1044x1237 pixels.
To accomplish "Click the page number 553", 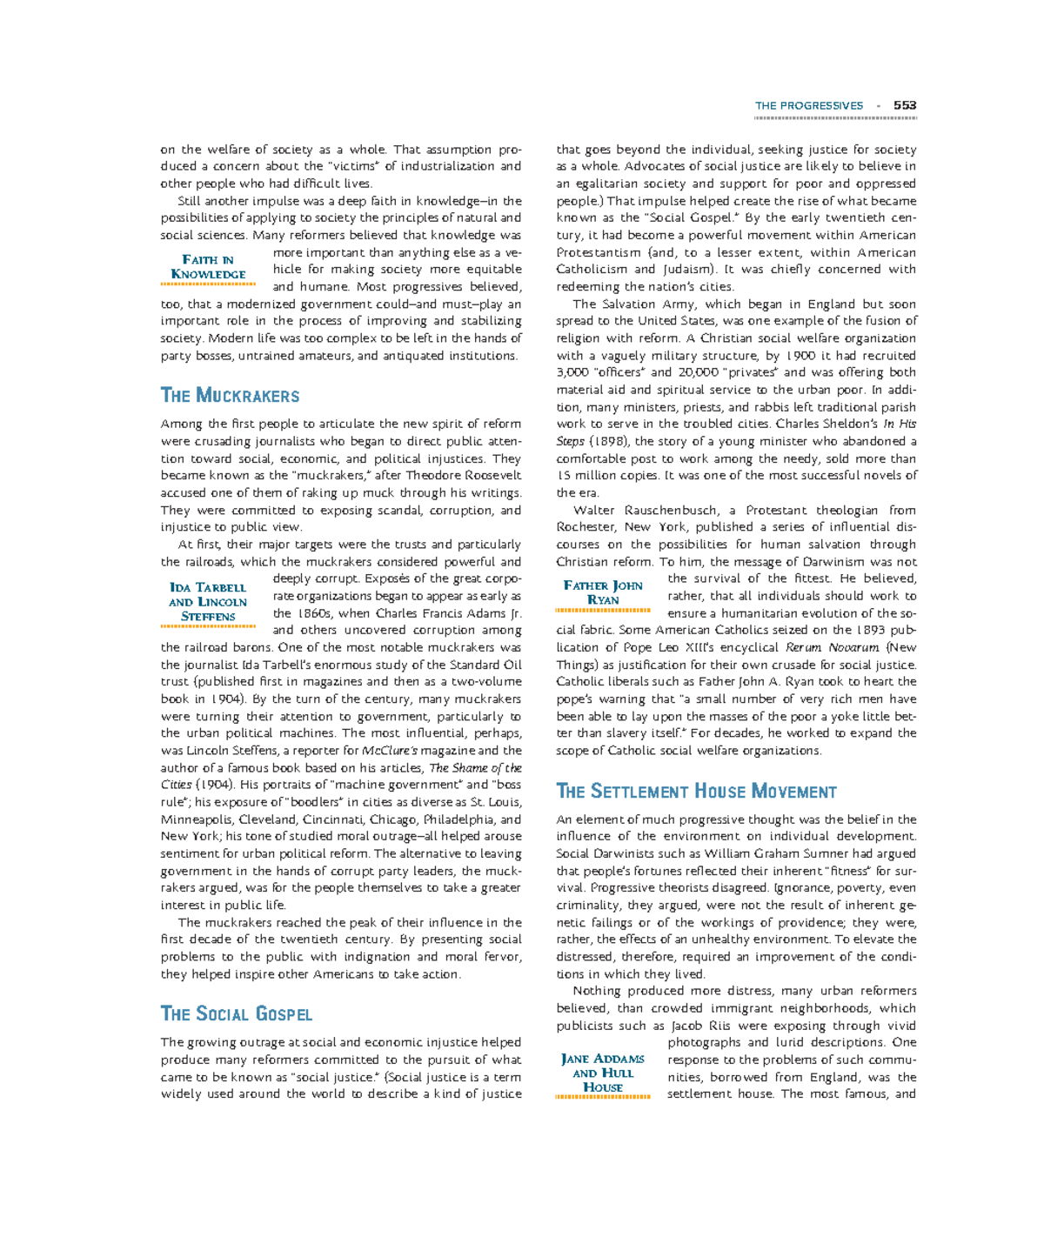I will point(905,105).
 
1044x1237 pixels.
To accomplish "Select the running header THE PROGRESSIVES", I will point(809,105).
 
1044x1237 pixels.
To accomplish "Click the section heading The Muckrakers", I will point(230,396).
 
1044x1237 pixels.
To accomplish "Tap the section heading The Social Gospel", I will point(236,1014).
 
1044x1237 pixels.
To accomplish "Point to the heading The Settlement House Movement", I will point(696,792).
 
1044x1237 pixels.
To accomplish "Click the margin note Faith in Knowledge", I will point(208,267).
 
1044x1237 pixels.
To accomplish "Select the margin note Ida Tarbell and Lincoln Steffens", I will point(208,602).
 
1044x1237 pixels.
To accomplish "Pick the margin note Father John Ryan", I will point(603,592).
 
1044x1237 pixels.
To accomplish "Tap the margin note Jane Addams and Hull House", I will point(603,1073).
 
